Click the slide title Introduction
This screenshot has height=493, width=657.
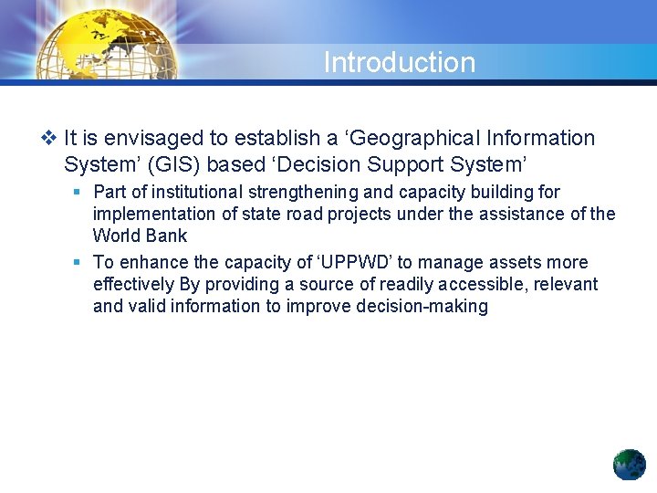pyautogui.click(x=399, y=62)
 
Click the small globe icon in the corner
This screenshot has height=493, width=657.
pyautogui.click(x=629, y=465)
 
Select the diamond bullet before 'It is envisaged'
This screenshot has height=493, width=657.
pyautogui.click(x=48, y=139)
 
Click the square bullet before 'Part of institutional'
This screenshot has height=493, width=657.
pyautogui.click(x=78, y=192)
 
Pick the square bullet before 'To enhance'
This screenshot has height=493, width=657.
pyautogui.click(x=78, y=262)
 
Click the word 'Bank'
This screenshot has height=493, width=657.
pyautogui.click(x=166, y=236)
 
